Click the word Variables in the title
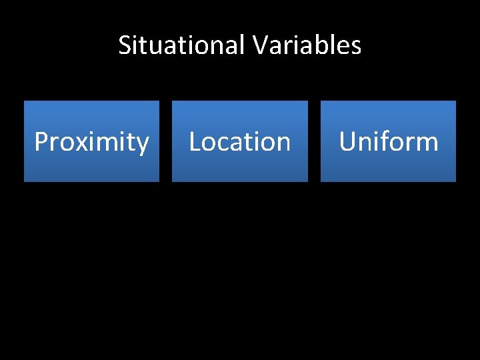pyautogui.click(x=307, y=45)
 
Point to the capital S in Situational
pyautogui.click(x=125, y=45)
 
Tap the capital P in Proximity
pyautogui.click(x=41, y=142)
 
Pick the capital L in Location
pyautogui.click(x=195, y=142)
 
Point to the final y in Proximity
pyautogui.click(x=143, y=145)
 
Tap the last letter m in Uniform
pyautogui.click(x=427, y=143)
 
